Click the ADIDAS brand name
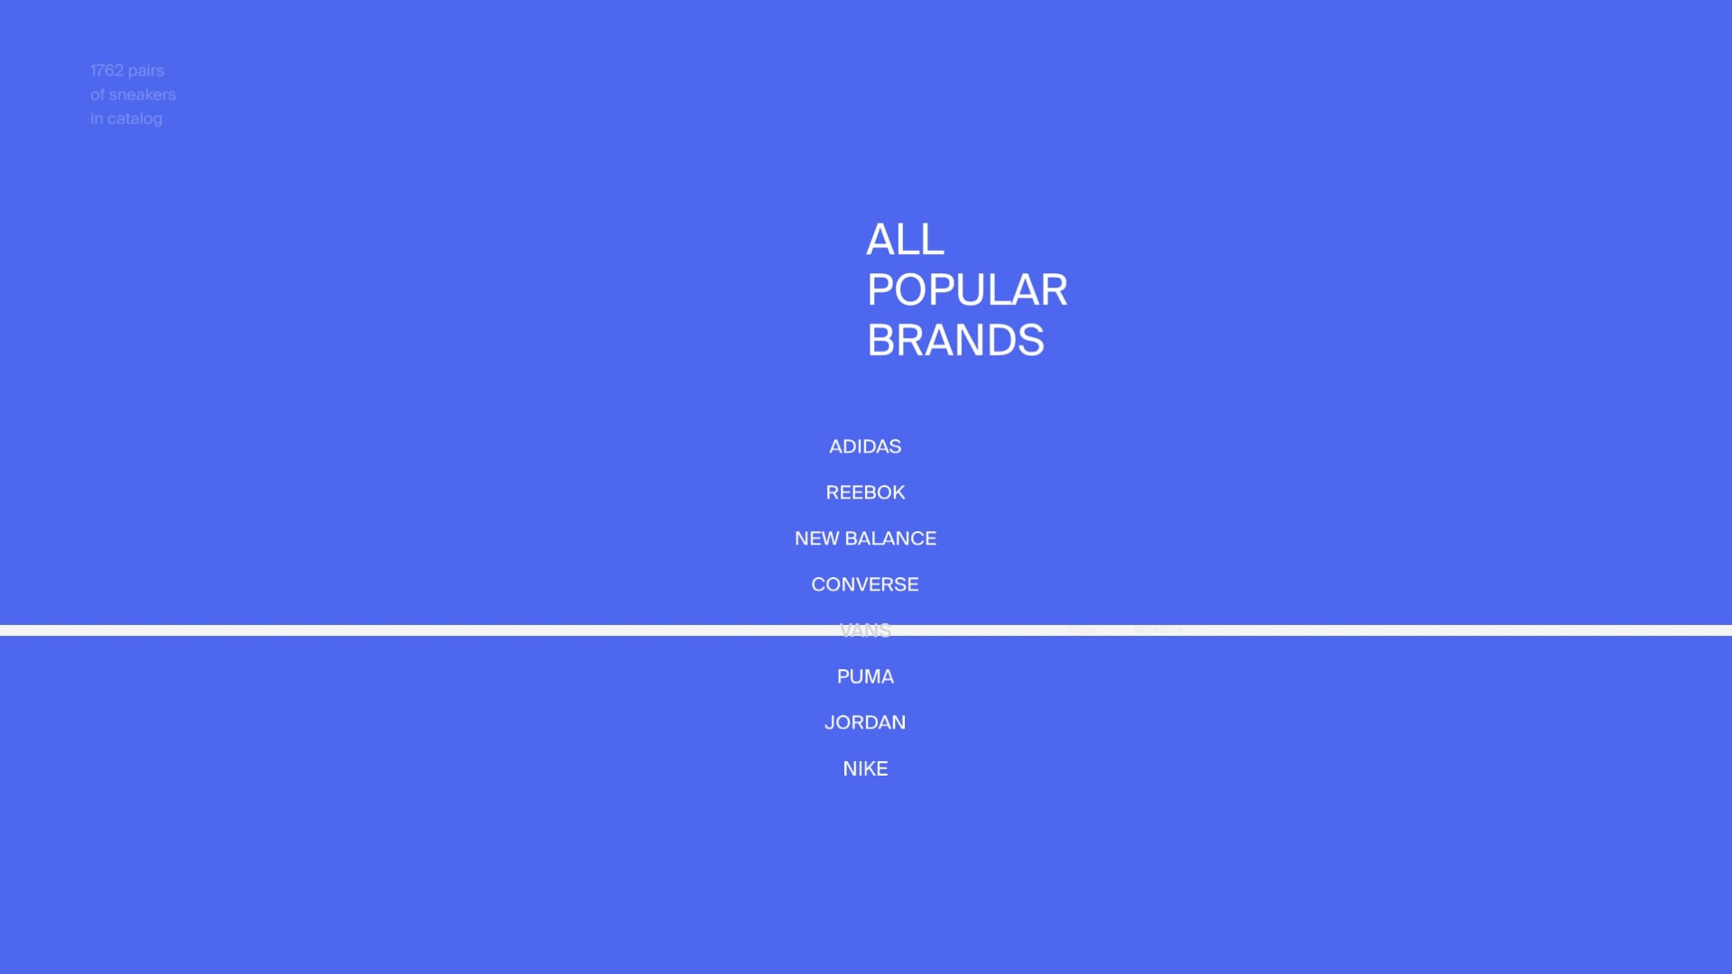pos(865,446)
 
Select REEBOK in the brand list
pos(865,492)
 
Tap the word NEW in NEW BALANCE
pos(816,538)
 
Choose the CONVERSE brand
pos(865,584)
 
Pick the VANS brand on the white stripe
pos(865,630)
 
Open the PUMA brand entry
pos(865,676)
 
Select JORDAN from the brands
pos(865,722)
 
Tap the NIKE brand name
pos(865,768)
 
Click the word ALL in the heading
pos(905,240)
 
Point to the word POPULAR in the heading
pos(967,290)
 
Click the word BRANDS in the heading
pos(955,341)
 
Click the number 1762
pos(106,70)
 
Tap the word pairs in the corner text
pos(146,71)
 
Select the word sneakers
pos(143,95)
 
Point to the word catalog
pos(135,119)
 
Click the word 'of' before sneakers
pos(97,95)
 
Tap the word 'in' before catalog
pos(97,119)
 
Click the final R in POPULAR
pos(1054,290)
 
